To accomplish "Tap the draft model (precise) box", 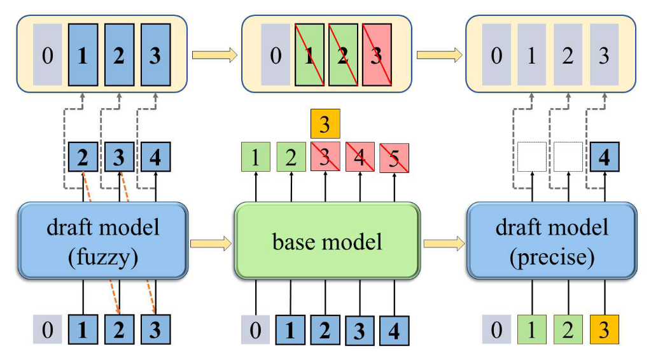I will tap(551, 240).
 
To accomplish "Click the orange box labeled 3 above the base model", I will tap(325, 124).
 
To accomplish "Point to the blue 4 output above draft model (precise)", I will tap(604, 158).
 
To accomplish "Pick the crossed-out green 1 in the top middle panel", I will tap(310, 55).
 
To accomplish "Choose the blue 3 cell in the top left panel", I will tap(155, 55).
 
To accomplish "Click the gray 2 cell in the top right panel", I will tap(568, 55).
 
